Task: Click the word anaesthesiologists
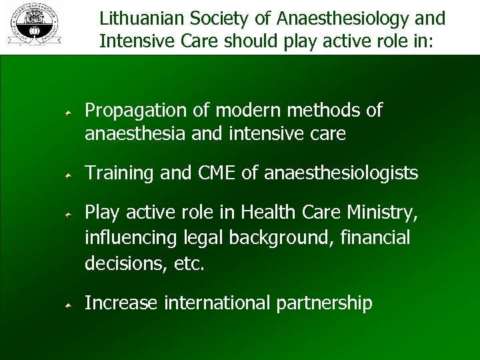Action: point(341,173)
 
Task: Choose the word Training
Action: point(118,173)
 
